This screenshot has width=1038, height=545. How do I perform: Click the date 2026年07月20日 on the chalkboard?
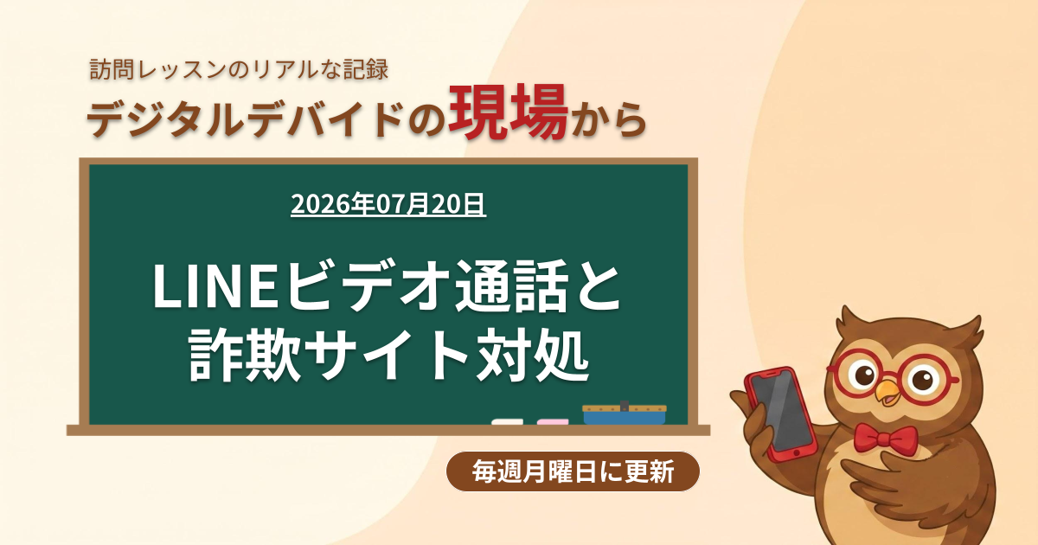tap(388, 204)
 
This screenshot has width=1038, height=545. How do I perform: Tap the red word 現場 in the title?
tap(508, 112)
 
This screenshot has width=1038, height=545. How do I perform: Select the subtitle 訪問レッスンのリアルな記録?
tap(239, 70)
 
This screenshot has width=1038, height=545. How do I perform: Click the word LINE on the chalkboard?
tap(216, 286)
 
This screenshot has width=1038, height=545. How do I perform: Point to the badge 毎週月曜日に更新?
tap(573, 471)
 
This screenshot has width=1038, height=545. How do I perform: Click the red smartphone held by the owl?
tap(780, 414)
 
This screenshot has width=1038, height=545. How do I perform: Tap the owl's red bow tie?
tap(886, 438)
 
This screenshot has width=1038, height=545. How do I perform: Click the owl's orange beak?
tap(887, 392)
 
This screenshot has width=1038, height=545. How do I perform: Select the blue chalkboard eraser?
tap(625, 414)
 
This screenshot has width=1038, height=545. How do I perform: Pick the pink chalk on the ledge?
tap(553, 422)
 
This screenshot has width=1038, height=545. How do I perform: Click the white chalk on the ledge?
tap(508, 422)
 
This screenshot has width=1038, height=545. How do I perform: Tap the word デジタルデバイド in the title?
tap(244, 119)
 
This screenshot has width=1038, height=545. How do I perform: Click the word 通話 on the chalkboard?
tap(512, 286)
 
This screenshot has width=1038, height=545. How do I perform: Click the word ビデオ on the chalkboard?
tap(367, 286)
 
